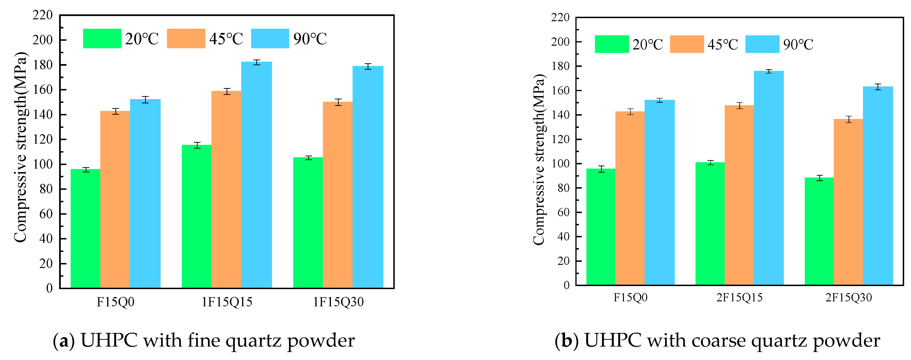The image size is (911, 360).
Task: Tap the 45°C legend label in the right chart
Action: point(723,44)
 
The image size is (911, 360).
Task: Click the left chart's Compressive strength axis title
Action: point(20,147)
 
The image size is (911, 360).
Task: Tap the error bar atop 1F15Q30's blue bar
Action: point(368,66)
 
